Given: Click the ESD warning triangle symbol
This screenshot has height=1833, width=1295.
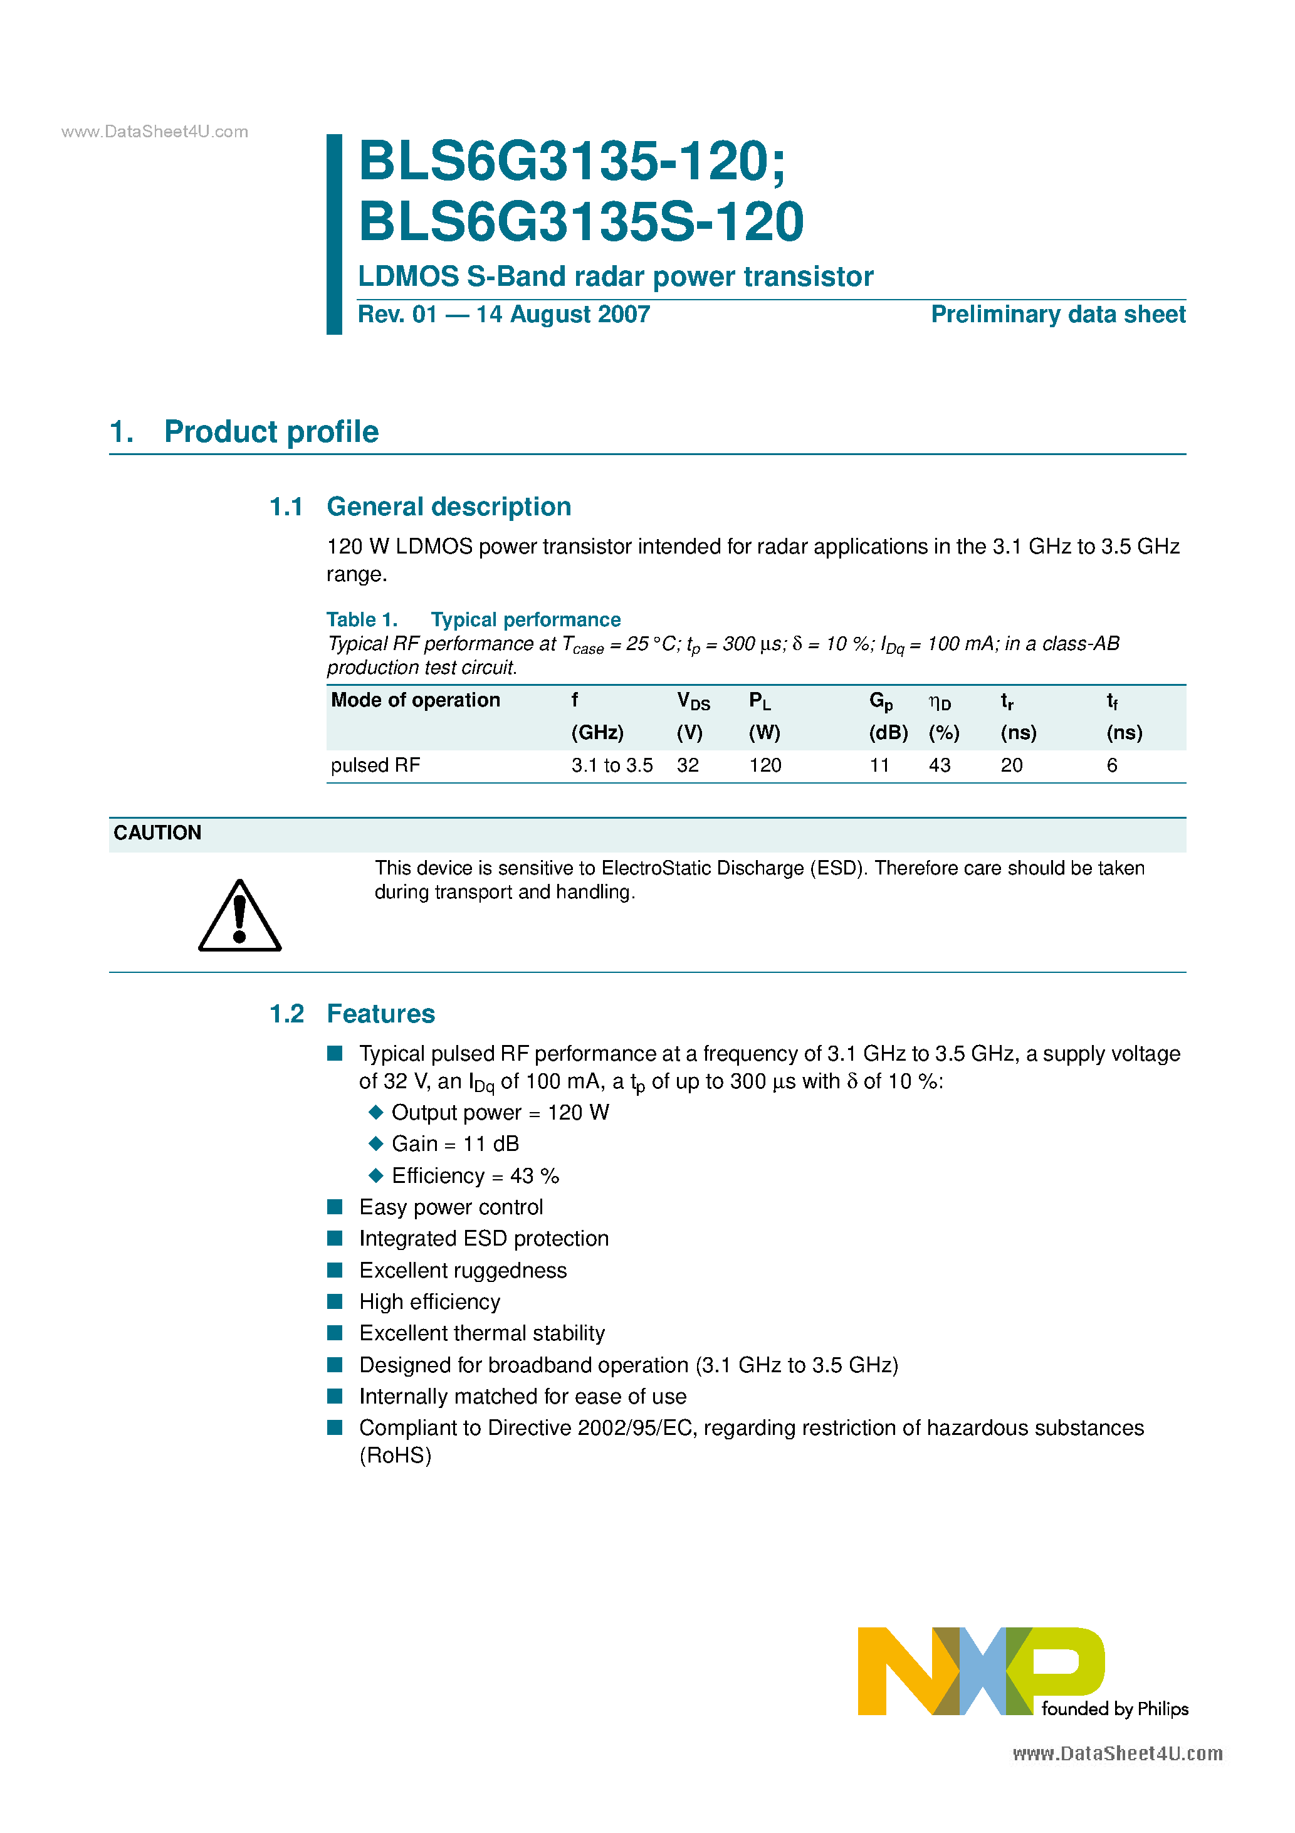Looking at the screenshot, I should point(239,917).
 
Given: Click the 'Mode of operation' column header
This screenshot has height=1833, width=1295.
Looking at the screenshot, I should point(415,700).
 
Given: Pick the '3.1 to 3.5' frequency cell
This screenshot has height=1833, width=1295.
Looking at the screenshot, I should point(612,765).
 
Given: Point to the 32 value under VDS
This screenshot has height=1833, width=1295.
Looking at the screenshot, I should point(688,765).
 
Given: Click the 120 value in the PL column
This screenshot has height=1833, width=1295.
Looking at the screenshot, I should point(765,765).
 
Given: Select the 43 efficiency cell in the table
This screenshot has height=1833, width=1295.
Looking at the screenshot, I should point(939,765).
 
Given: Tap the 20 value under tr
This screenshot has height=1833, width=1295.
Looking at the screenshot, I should point(1011,765).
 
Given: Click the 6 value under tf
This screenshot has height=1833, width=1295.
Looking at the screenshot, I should point(1111,765).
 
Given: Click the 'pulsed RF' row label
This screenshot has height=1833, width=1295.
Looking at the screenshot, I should point(375,765).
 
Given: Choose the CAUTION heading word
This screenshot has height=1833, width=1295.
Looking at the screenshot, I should point(157,832).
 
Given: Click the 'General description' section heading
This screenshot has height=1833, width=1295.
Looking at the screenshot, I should point(449,507).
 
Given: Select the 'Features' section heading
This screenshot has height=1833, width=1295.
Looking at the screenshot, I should point(381,1014).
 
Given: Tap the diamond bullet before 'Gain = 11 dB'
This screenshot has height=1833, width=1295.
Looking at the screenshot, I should point(376,1144).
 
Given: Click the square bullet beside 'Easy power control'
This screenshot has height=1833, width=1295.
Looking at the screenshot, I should point(335,1206).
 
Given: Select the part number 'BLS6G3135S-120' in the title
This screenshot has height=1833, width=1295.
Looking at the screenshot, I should point(580,222).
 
